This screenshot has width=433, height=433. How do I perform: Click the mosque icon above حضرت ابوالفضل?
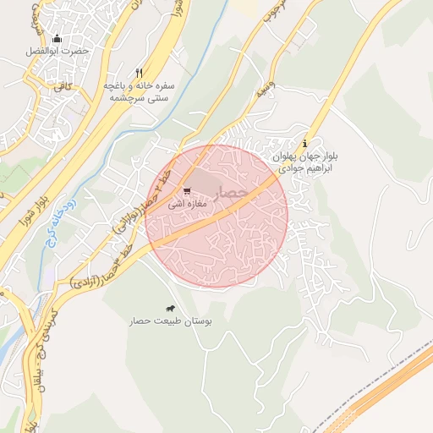point(57,38)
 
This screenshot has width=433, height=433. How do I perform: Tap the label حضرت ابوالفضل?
point(57,52)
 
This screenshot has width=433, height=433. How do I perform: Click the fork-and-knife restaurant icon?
point(140,73)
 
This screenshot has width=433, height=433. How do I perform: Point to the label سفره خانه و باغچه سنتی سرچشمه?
point(140,92)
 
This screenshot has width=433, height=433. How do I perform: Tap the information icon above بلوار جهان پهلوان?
point(305,143)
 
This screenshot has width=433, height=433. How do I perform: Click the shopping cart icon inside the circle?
point(187,190)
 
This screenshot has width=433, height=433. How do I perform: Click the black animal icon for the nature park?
point(171,309)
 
